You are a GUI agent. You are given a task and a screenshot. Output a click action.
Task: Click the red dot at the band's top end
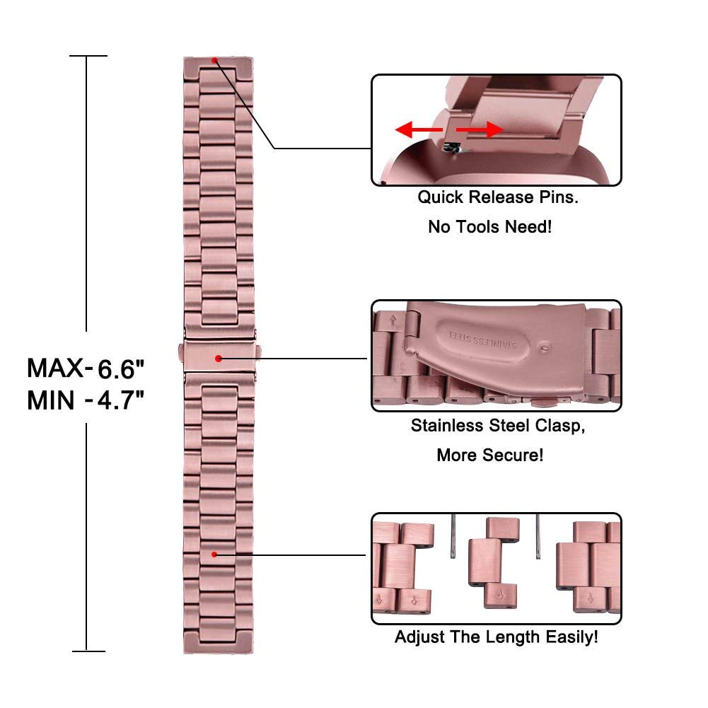tap(214, 61)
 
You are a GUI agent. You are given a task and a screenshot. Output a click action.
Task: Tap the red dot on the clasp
tap(219, 359)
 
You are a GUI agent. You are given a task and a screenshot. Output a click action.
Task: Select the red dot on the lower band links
tap(214, 555)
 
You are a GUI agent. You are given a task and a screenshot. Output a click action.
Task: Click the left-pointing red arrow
tap(419, 129)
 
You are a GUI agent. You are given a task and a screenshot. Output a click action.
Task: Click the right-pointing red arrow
tap(480, 130)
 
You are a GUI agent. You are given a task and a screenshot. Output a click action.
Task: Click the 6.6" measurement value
tap(120, 369)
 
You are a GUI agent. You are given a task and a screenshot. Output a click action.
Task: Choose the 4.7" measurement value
tap(120, 400)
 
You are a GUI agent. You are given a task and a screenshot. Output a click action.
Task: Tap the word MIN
tap(51, 400)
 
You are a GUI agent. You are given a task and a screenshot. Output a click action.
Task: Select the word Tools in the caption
tap(479, 226)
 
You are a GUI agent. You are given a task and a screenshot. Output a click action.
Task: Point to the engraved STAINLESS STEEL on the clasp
tap(482, 340)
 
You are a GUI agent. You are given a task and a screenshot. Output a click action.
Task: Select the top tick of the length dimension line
tap(88, 56)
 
